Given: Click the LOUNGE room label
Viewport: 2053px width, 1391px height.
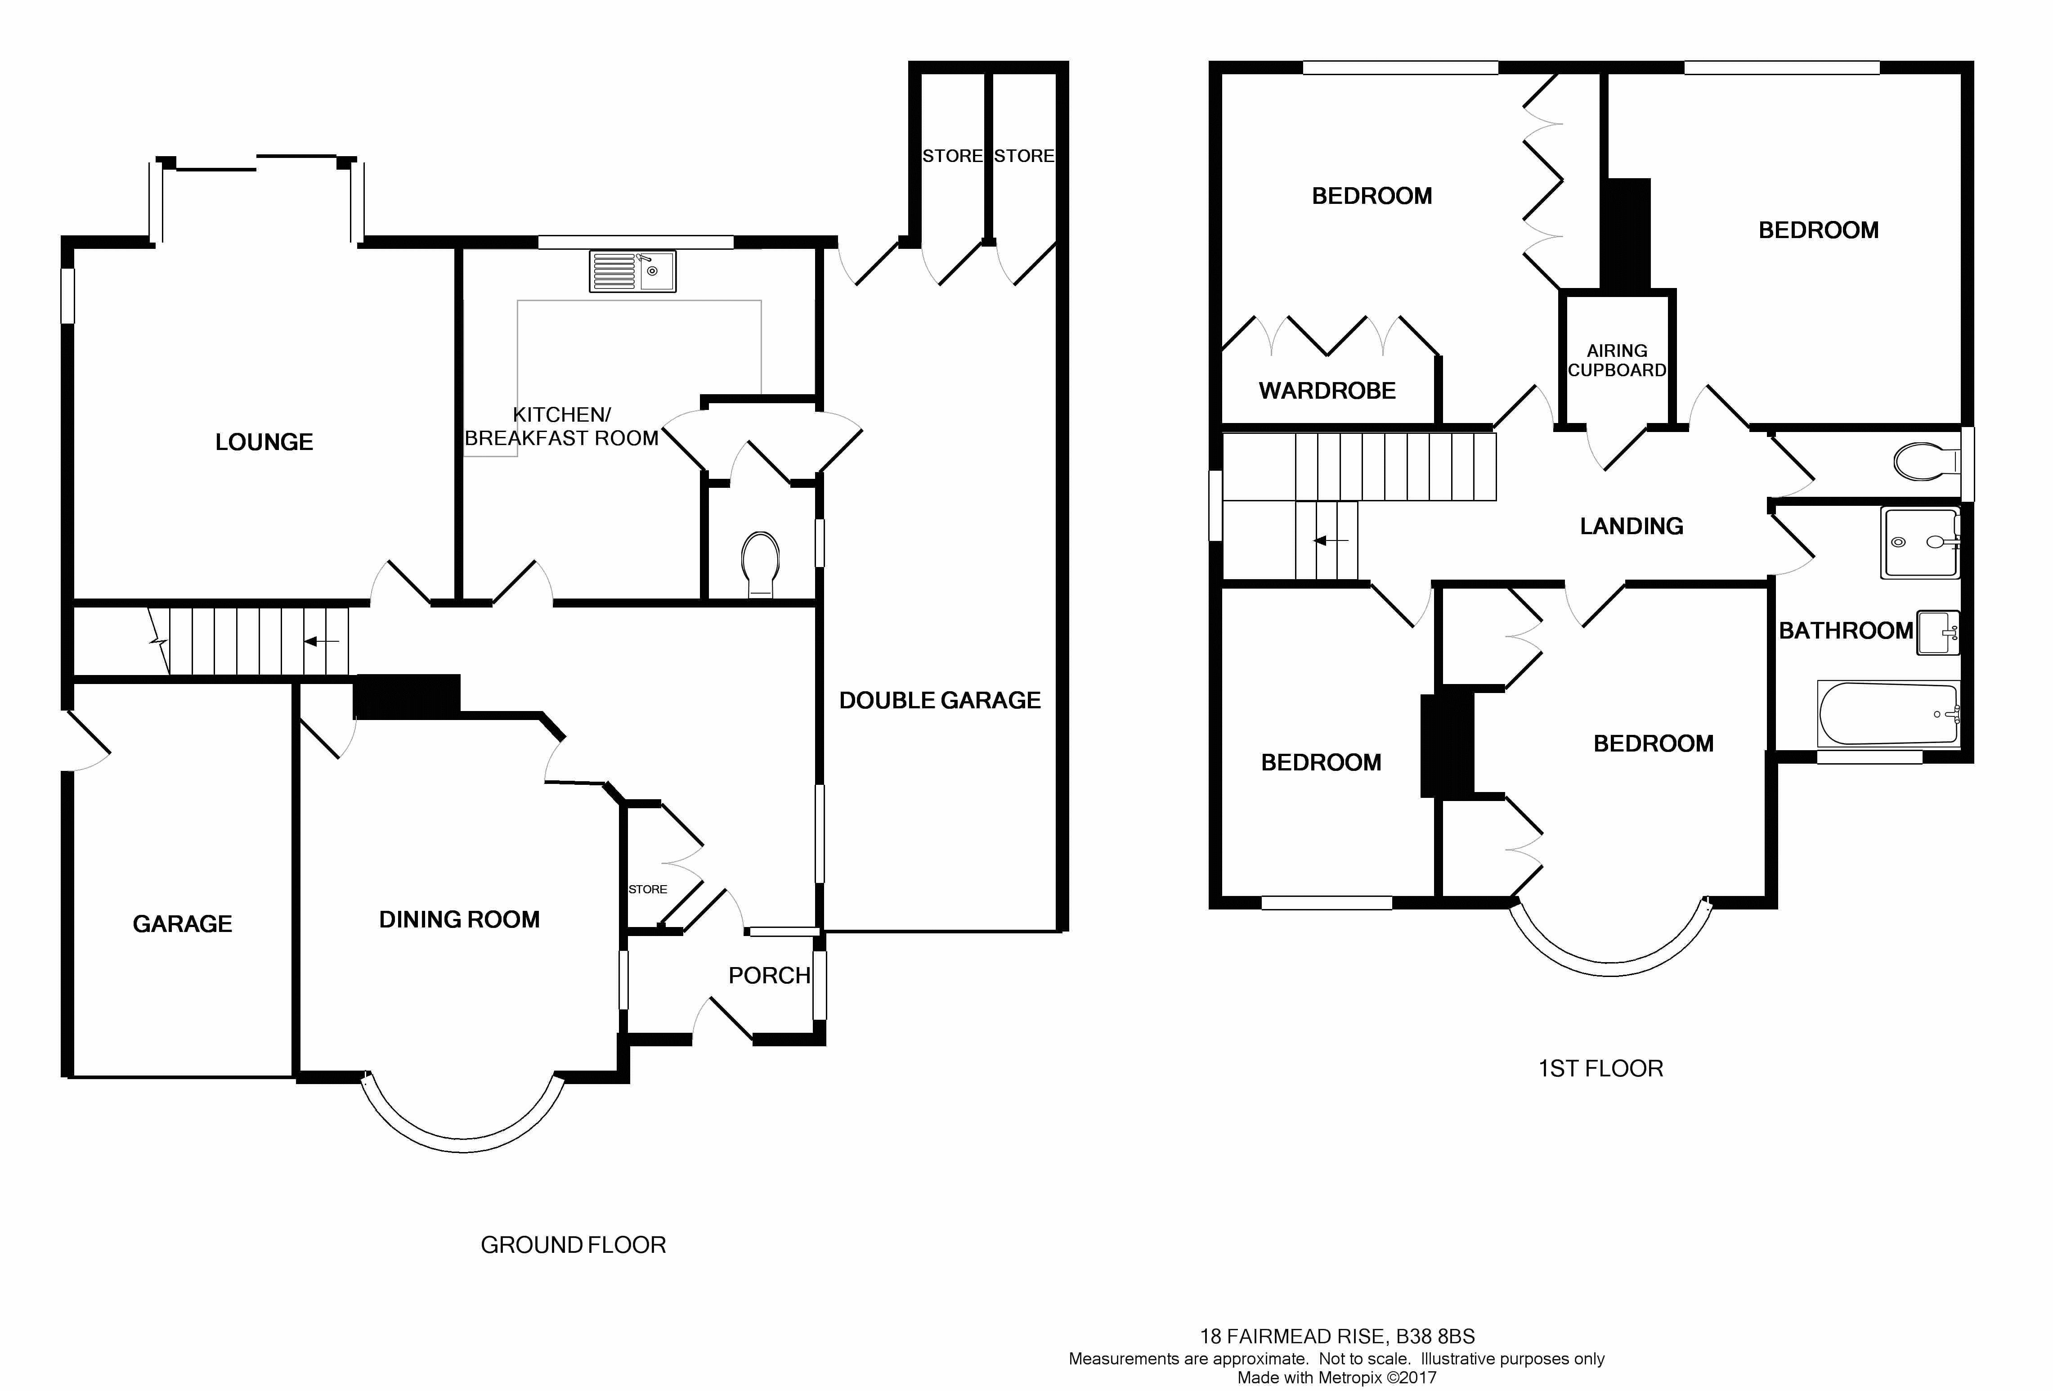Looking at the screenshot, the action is tap(264, 442).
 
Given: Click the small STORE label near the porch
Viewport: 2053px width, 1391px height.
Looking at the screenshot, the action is tap(648, 889).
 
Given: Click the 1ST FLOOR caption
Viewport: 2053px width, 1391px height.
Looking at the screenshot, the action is tap(1601, 1068).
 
